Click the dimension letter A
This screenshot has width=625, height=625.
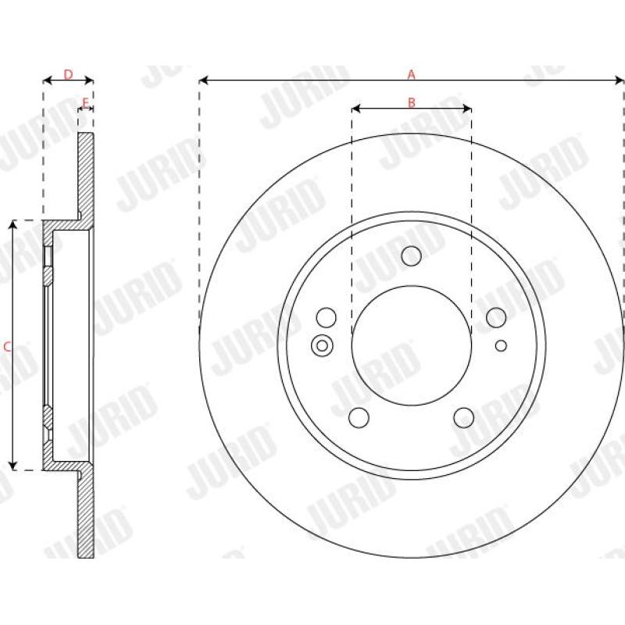pyautogui.click(x=412, y=74)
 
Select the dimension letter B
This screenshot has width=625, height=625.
pyautogui.click(x=412, y=102)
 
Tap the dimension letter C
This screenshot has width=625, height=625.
pyautogui.click(x=7, y=346)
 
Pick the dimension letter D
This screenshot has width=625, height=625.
pyautogui.click(x=68, y=74)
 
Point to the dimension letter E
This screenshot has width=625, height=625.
pyautogui.click(x=85, y=102)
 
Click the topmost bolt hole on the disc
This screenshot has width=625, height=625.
pyautogui.click(x=411, y=255)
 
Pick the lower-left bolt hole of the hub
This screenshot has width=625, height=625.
pyautogui.click(x=359, y=418)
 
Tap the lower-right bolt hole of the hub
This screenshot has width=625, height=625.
pyautogui.click(x=464, y=418)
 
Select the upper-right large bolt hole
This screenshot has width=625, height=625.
pyautogui.click(x=496, y=317)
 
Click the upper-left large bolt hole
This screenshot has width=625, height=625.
pyautogui.click(x=327, y=317)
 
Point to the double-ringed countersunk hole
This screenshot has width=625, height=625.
pyautogui.click(x=321, y=345)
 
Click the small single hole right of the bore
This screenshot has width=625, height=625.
pyautogui.click(x=502, y=345)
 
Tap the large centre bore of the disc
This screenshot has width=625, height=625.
pyautogui.click(x=412, y=345)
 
